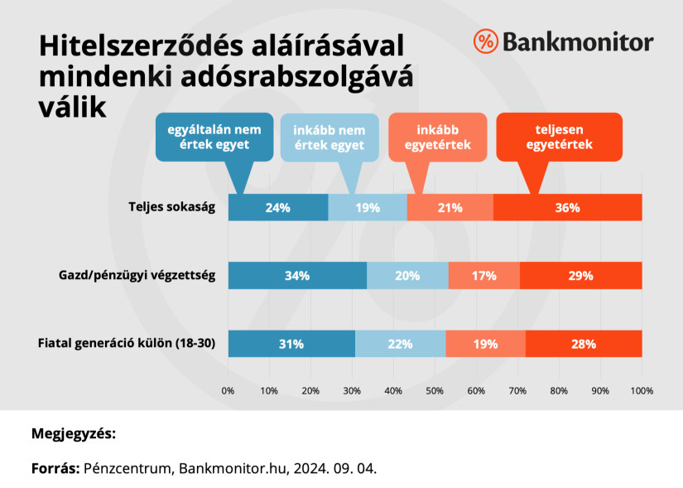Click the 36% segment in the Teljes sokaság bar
pyautogui.click(x=567, y=207)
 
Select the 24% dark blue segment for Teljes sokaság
pyautogui.click(x=277, y=207)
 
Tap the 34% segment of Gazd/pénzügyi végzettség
pyautogui.click(x=296, y=275)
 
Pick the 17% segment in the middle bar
pyautogui.click(x=483, y=275)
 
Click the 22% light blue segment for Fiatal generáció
pyautogui.click(x=400, y=344)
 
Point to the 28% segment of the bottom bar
pyautogui.click(x=583, y=344)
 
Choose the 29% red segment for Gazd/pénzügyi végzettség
pyautogui.click(x=580, y=275)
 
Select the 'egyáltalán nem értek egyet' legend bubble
pyautogui.click(x=214, y=137)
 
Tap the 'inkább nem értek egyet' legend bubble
pyautogui.click(x=329, y=137)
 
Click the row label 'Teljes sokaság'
pyautogui.click(x=172, y=207)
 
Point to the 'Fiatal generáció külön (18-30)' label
pyautogui.click(x=127, y=344)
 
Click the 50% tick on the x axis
pyautogui.click(x=435, y=389)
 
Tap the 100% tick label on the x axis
pyautogui.click(x=642, y=389)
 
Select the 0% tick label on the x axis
pyautogui.click(x=228, y=389)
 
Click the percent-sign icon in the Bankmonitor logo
pyautogui.click(x=485, y=41)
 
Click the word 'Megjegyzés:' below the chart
pyautogui.click(x=74, y=433)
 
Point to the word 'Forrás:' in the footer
pyautogui.click(x=55, y=468)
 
